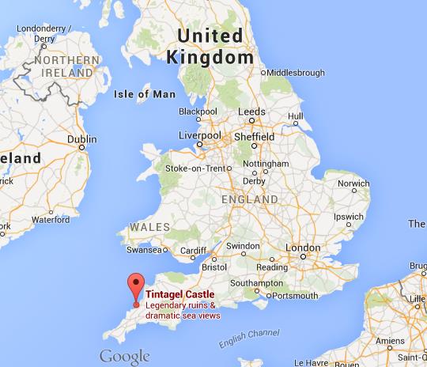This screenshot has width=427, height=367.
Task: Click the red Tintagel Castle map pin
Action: tap(136, 286)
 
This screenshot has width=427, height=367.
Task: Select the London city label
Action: tap(301, 248)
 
